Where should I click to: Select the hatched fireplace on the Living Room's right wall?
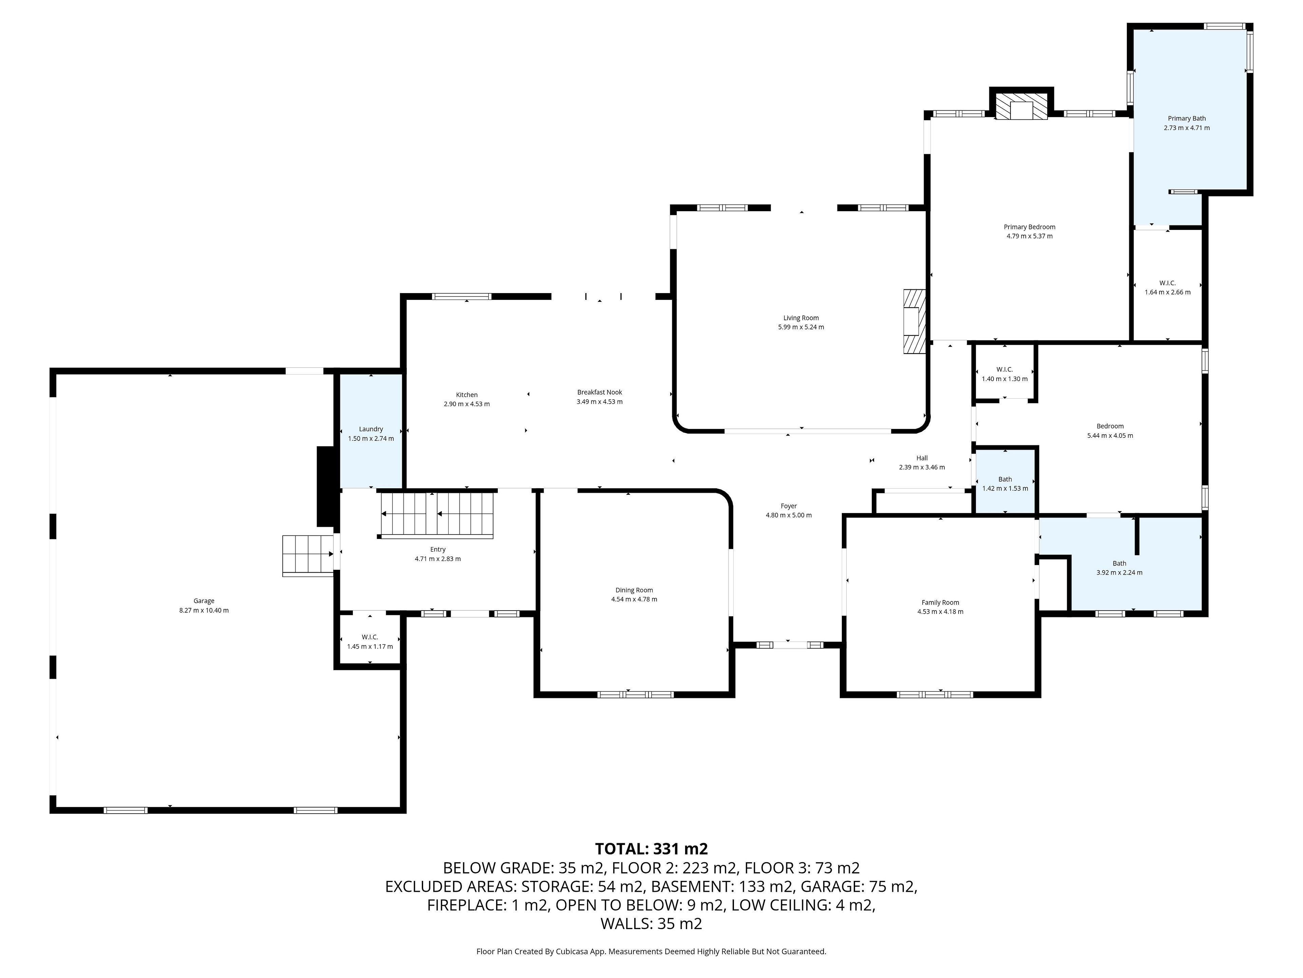915,321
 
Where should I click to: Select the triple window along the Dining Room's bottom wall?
635,694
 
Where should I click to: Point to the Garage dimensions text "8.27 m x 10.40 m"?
204,610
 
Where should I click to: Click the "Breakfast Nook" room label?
600,392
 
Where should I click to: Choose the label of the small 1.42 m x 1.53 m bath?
1005,479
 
